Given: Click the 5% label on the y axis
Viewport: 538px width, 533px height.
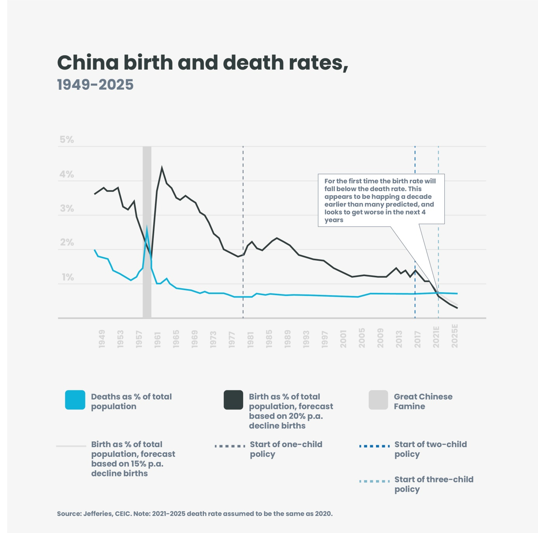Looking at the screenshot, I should [67, 140].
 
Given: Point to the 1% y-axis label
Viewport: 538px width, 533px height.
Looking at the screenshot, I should [68, 277].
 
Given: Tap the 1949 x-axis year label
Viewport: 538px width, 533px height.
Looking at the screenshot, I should [102, 338].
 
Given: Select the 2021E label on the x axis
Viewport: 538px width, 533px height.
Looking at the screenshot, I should [436, 337].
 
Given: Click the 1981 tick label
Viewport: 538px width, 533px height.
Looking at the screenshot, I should [251, 338].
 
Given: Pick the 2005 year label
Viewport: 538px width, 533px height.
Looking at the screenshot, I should [362, 338].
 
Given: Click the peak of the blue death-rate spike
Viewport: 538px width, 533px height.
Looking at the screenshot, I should [147, 226].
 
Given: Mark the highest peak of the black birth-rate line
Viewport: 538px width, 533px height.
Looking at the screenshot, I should [162, 168].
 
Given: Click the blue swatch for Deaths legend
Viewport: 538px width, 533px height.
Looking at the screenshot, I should [75, 400].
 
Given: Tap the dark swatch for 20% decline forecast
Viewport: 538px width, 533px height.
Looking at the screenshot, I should [233, 400].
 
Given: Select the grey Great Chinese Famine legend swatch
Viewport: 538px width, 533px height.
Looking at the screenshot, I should [378, 400].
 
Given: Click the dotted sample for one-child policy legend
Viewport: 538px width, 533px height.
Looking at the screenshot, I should [230, 446].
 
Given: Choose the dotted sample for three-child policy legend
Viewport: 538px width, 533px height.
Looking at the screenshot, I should [374, 481].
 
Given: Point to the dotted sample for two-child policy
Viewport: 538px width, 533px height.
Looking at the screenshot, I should [374, 446].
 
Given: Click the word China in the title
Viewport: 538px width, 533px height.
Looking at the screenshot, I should [88, 63].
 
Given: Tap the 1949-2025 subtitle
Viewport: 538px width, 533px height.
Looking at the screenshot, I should [95, 85].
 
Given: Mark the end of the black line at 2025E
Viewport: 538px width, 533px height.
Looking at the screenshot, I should [457, 308].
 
